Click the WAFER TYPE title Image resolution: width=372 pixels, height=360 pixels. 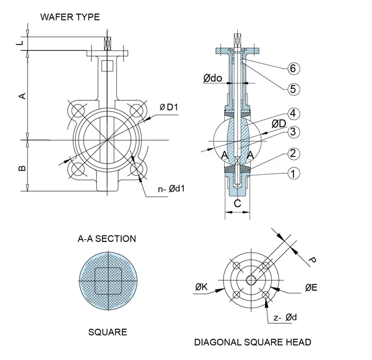coord(70,17)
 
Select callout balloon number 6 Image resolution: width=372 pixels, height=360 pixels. coord(292,68)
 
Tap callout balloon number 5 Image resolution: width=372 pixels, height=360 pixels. coord(292,89)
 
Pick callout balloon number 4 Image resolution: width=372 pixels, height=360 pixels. coord(292,114)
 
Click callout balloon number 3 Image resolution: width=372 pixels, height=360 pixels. coord(292,132)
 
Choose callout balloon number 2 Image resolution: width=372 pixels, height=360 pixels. coord(292,154)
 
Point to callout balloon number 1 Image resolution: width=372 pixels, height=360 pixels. coord(292,174)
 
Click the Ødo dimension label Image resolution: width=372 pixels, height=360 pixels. coord(213,78)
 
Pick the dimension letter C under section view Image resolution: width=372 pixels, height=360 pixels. coord(237,204)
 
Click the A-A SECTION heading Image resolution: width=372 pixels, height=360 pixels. coord(108,238)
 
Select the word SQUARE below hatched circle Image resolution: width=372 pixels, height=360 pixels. coord(108,332)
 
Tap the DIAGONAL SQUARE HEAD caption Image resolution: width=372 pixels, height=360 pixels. coord(252,342)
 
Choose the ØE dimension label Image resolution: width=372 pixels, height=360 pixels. coord(311,287)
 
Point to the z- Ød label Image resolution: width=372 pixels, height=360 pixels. coord(284,317)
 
